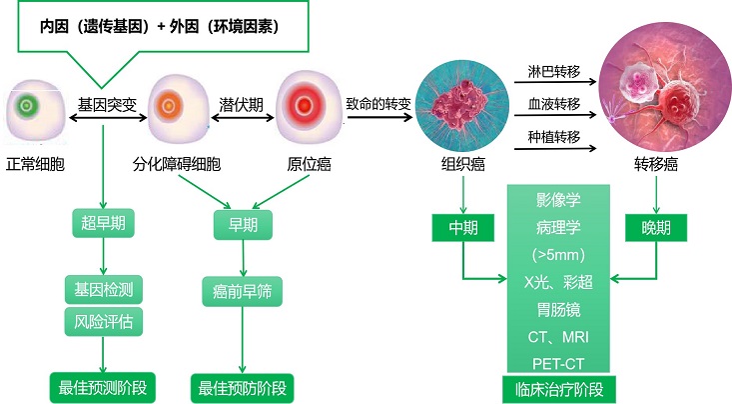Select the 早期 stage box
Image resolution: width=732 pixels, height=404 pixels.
pyautogui.click(x=236, y=223)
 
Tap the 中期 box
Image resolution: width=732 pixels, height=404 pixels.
pyautogui.click(x=462, y=228)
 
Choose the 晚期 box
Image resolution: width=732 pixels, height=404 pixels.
pyautogui.click(x=655, y=228)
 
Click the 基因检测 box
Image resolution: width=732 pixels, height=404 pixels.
pyautogui.click(x=103, y=289)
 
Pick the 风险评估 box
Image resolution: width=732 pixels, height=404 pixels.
pyautogui.click(x=103, y=323)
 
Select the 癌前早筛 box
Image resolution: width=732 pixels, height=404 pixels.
pyautogui.click(x=236, y=292)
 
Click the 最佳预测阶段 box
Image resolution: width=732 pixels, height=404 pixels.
pyautogui.click(x=103, y=386)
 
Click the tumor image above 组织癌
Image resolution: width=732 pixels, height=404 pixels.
pyautogui.click(x=462, y=103)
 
